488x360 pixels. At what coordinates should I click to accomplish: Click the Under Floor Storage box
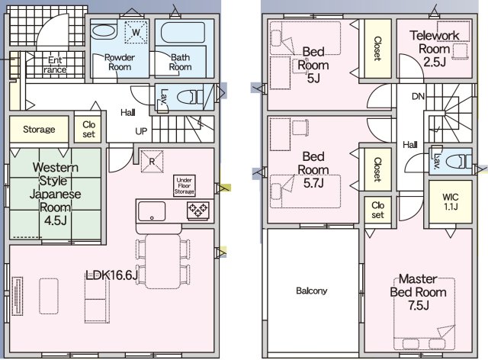click(185, 186)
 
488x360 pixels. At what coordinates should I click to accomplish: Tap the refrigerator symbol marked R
click(152, 162)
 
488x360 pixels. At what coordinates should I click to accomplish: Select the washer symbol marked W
click(136, 32)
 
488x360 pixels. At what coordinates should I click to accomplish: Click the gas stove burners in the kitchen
click(197, 211)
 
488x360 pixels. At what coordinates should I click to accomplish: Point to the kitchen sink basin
click(152, 211)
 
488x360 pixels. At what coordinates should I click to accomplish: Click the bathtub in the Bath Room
click(183, 32)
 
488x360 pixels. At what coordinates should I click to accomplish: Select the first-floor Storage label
click(39, 129)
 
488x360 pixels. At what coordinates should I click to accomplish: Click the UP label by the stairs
click(141, 131)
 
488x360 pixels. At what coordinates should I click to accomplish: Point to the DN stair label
click(418, 97)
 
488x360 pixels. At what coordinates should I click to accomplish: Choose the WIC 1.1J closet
click(451, 201)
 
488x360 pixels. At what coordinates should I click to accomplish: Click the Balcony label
click(312, 291)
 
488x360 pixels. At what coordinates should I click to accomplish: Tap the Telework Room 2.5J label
click(434, 49)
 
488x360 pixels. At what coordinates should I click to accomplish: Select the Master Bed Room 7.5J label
click(419, 292)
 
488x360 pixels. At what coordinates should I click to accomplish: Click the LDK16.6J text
click(112, 275)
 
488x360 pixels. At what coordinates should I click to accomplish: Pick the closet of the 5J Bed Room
click(377, 49)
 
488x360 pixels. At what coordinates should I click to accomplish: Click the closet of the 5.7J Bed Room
click(377, 169)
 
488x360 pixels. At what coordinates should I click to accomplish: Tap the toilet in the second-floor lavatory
click(458, 162)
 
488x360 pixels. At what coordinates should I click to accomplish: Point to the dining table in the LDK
click(162, 262)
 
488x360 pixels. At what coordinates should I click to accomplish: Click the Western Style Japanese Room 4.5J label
click(55, 194)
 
